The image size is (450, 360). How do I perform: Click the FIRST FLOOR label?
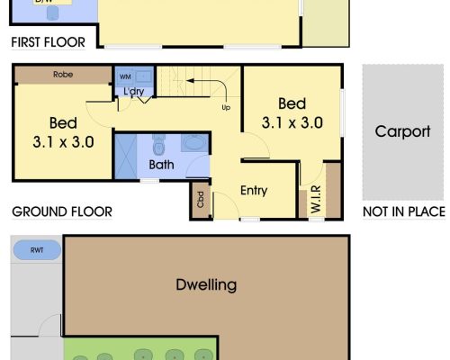point(48,42)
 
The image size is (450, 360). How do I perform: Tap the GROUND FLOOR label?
point(61,212)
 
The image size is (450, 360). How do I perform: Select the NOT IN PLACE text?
point(403,212)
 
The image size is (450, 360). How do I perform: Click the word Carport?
point(402,131)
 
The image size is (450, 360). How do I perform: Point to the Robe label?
point(63,75)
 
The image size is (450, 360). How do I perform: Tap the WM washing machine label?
point(124,77)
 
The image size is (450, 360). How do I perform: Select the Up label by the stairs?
point(225,107)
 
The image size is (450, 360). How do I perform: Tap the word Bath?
point(162,165)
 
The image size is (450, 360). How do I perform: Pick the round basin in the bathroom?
point(193,144)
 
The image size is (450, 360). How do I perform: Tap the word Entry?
point(255,190)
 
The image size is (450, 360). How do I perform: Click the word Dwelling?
point(206,285)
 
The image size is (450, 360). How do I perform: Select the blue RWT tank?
point(36,250)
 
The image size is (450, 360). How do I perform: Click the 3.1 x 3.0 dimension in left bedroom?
point(63,140)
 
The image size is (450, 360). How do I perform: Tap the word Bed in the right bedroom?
point(292,103)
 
